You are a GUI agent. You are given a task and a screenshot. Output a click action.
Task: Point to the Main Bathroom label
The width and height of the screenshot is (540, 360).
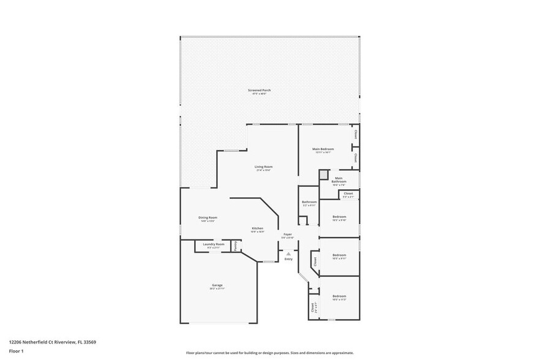[339, 180]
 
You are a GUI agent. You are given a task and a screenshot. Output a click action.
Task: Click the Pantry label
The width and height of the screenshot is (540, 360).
[235, 246]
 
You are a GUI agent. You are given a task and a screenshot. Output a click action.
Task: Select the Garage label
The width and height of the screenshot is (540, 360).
[217, 286]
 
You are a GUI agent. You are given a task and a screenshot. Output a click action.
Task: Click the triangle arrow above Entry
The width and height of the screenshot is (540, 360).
[288, 252]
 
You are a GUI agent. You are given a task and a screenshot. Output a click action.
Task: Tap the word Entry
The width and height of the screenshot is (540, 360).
[288, 259]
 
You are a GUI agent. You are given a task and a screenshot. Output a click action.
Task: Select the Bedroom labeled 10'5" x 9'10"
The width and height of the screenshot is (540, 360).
[339, 217]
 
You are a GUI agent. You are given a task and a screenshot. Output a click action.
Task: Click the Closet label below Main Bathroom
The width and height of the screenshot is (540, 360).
[348, 195]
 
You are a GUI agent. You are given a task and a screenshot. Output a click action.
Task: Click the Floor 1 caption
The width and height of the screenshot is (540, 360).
[16, 351]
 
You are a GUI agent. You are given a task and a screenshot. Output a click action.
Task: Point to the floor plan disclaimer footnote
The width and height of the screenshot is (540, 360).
[270, 353]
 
